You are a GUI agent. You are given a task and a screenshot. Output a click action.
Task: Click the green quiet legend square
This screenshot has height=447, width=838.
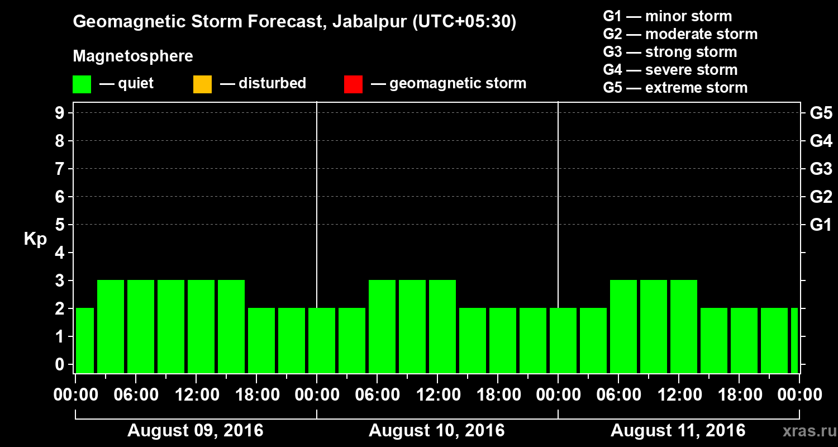point(82,84)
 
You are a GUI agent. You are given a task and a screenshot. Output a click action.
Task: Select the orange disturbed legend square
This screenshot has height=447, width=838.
point(202,84)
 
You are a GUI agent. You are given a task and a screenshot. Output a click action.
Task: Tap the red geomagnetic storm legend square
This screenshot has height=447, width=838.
point(353,84)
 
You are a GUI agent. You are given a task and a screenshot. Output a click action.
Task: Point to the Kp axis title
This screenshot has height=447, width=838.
point(35,239)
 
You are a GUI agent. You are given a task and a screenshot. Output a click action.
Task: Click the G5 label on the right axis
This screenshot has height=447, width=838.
point(821,113)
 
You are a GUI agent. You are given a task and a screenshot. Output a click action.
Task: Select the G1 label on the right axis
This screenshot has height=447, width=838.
point(821,225)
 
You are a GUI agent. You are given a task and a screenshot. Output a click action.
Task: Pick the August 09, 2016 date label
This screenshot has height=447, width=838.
point(196,431)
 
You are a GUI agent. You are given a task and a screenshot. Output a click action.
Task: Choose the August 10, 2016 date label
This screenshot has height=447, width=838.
point(437,431)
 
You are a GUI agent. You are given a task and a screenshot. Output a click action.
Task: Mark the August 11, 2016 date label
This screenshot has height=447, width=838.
point(678,431)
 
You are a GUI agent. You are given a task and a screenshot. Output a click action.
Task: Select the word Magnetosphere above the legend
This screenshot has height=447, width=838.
point(133,56)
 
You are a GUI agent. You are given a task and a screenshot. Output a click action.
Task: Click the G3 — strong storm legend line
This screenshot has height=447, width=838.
point(670,52)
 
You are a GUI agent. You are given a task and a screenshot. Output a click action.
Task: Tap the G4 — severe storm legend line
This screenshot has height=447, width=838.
point(670,70)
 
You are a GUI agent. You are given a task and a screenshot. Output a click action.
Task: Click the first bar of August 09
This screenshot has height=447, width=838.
point(84,341)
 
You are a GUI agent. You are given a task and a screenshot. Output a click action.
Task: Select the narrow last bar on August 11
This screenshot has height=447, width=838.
point(794,341)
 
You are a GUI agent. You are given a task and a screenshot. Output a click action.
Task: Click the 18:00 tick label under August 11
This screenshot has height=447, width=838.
point(739,395)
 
